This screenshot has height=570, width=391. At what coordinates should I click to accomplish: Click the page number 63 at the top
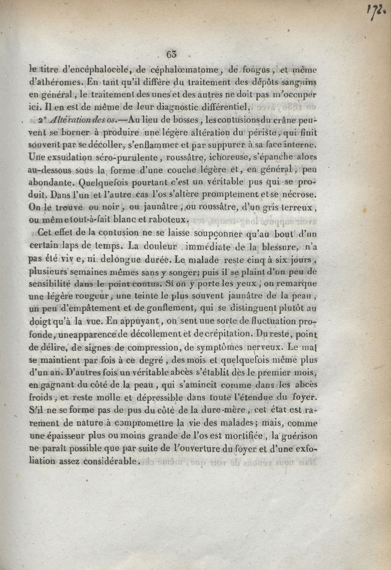[x=172, y=54]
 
